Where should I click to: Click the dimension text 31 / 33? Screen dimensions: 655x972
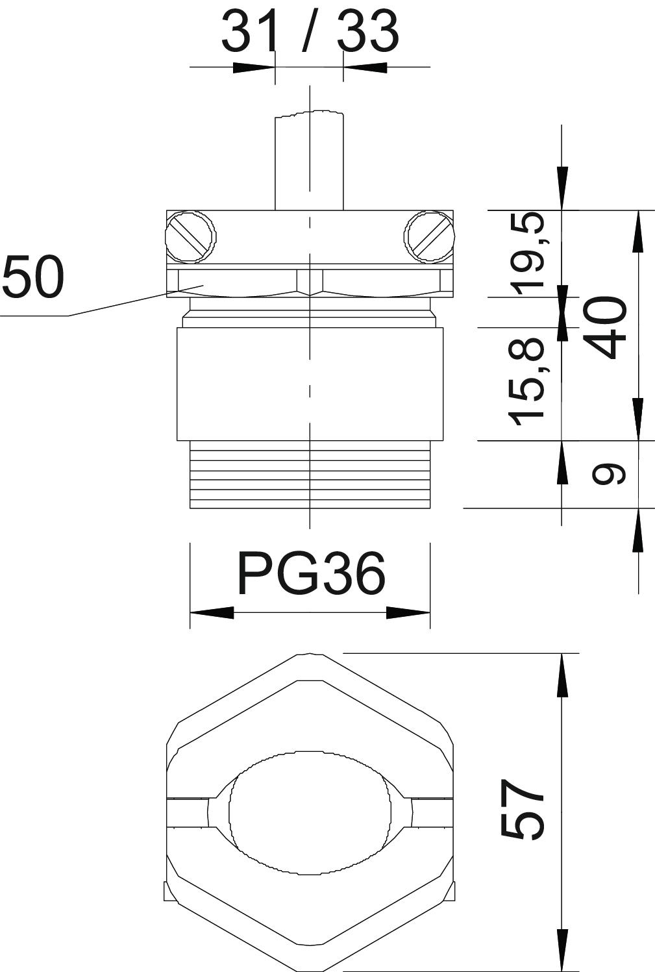pos(310,31)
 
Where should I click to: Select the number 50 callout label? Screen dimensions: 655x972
pos(33,277)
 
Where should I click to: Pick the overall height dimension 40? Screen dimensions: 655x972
pos(608,327)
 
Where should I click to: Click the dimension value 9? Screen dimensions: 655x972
pos(610,474)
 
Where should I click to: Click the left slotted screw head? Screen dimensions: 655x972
pos(190,237)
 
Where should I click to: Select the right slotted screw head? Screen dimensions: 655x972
pos(430,237)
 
